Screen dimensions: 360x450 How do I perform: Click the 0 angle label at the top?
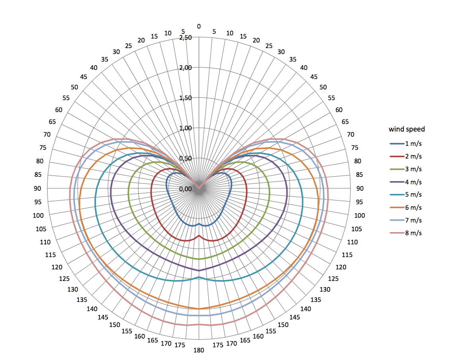tap(199, 27)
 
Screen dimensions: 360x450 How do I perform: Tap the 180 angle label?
tap(199, 350)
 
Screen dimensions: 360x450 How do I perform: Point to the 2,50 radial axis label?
tap(186, 38)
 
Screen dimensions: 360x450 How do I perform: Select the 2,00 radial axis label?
tap(186, 68)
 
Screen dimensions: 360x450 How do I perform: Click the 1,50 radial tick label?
tap(186, 98)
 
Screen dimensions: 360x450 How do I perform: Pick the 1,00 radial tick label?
tap(186, 128)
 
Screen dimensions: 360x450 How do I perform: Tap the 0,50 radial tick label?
tap(186, 159)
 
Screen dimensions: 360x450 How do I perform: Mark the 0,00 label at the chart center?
tap(186, 189)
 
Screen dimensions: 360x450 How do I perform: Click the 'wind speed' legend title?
tap(407, 129)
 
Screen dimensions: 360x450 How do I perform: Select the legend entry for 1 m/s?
tap(406, 144)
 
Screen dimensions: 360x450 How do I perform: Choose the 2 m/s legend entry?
tap(406, 157)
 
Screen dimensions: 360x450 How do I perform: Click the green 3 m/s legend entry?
tap(406, 169)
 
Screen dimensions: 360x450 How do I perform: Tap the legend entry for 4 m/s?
tap(406, 182)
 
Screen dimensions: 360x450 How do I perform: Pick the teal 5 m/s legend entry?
tap(406, 195)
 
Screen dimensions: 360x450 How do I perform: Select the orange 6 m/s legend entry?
tap(406, 207)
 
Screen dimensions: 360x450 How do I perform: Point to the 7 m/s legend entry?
tap(406, 220)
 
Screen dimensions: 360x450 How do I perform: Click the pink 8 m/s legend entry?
tap(406, 233)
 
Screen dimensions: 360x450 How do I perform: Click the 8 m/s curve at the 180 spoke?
tap(199, 325)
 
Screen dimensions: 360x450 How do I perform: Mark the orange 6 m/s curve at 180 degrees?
tap(199, 309)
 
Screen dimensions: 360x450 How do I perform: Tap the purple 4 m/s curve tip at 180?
tap(199, 271)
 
